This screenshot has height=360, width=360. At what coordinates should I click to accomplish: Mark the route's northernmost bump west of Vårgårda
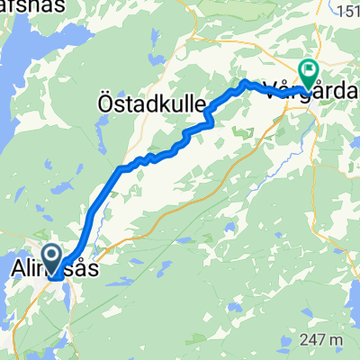click(244, 83)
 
